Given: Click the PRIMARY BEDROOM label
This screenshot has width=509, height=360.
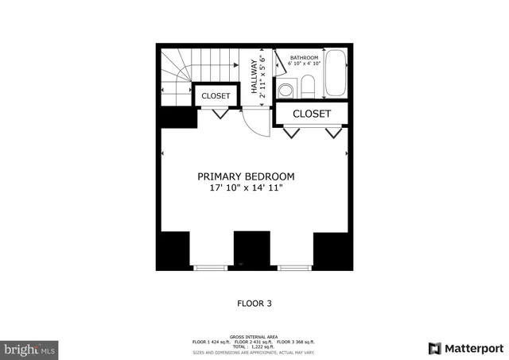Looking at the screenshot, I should [246, 176].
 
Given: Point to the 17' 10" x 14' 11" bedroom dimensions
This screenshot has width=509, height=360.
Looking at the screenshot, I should [246, 188].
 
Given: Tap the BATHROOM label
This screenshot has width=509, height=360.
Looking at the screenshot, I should [303, 57].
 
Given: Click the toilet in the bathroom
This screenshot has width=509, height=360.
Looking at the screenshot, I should [285, 88].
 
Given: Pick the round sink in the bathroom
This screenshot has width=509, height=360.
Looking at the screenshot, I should [285, 88].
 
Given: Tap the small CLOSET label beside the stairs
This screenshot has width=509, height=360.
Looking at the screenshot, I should [216, 96].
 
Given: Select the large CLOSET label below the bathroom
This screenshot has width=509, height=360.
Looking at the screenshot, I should [312, 114].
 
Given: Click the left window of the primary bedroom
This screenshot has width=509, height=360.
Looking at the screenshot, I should [211, 268].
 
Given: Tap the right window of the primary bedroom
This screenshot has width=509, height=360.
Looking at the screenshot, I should [294, 268].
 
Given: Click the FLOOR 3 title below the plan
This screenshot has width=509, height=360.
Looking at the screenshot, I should [254, 302].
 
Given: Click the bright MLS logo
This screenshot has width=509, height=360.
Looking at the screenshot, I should [30, 348].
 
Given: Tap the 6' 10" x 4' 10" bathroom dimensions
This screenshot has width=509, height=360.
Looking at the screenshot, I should [303, 64].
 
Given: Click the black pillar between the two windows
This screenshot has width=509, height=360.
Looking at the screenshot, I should [252, 250].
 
